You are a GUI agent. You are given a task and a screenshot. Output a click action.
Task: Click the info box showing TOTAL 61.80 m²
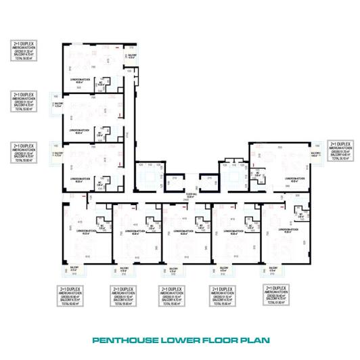pyautogui.click(x=277, y=295)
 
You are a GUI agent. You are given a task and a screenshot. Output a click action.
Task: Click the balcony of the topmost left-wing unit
pyautogui.click(x=133, y=57)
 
